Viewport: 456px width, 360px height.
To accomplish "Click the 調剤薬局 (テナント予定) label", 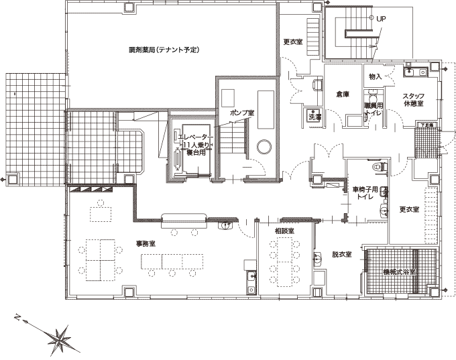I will click(165, 50).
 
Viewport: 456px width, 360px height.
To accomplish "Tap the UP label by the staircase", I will click(382, 19).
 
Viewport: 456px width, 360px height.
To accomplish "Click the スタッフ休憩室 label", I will click(412, 99).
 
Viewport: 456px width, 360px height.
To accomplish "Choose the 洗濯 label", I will click(314, 117).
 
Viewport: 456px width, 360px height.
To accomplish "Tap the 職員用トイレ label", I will click(373, 111).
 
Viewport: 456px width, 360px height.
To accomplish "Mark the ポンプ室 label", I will click(241, 113).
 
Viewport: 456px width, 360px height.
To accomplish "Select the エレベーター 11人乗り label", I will click(195, 144).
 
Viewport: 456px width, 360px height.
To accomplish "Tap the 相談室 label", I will click(284, 231).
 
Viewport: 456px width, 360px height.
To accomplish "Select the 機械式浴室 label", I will click(400, 272).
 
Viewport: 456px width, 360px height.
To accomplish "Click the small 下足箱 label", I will click(426, 125).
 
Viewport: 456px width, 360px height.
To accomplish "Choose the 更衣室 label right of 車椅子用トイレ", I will click(409, 209).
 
